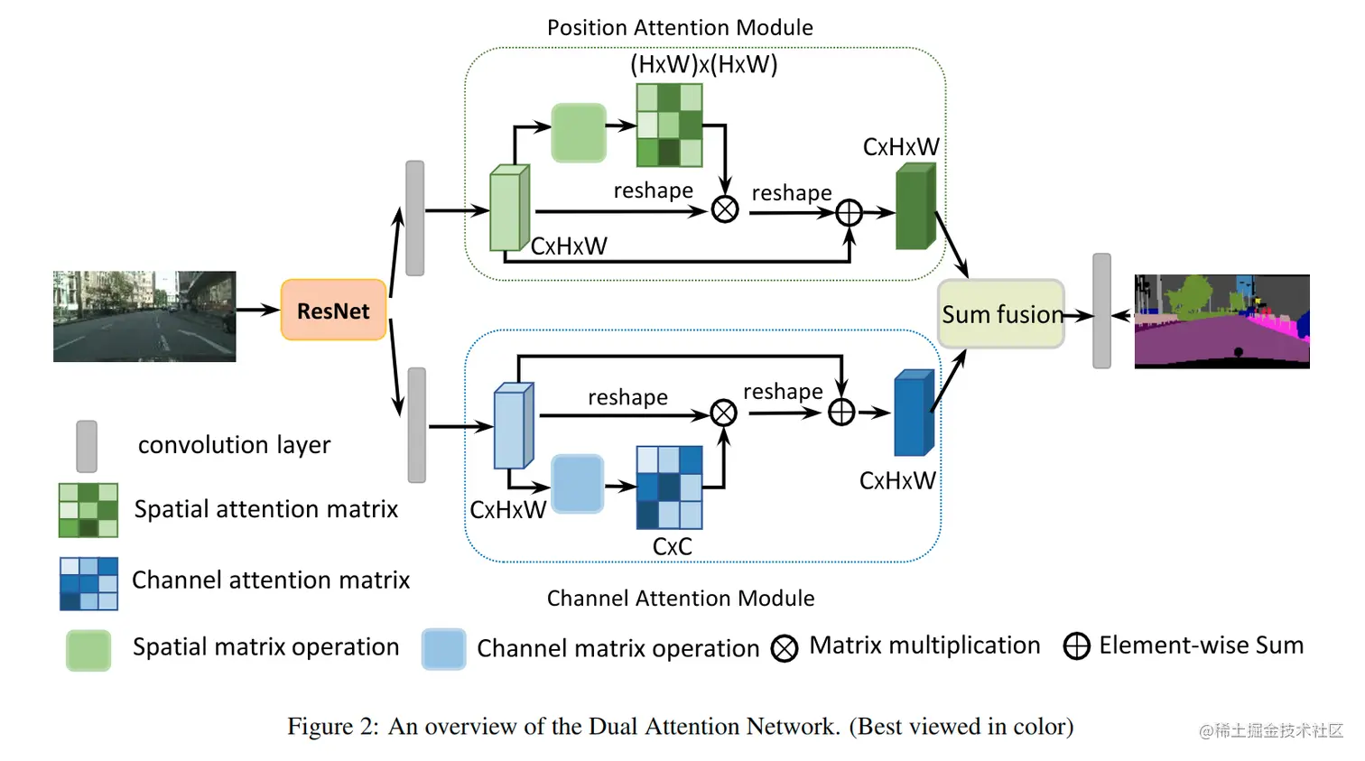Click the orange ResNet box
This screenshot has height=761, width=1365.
coord(334,311)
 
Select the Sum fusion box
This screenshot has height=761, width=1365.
coord(1001,314)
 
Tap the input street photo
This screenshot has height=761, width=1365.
coord(144,316)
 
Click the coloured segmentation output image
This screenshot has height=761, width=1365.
coord(1221,321)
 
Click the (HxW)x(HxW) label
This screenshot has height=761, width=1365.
coord(703,65)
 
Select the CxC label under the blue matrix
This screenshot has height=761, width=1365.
coord(672,546)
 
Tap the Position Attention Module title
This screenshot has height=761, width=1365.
coord(680,28)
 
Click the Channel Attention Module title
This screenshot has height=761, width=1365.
coord(681,599)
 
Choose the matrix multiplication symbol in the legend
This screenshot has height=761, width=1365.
coord(785,647)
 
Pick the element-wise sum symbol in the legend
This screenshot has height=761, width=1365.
coord(1076,646)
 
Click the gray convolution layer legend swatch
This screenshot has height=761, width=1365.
coord(87,446)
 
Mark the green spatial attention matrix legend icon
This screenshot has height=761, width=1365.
coord(88,510)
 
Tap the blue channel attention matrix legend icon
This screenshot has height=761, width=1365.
coord(88,583)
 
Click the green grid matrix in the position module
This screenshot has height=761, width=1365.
coord(669,125)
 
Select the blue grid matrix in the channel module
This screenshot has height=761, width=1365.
coord(669,487)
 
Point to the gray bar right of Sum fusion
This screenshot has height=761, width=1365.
coord(1101,311)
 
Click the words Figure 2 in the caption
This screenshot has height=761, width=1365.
coord(332,727)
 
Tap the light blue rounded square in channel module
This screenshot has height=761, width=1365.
coord(577,484)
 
